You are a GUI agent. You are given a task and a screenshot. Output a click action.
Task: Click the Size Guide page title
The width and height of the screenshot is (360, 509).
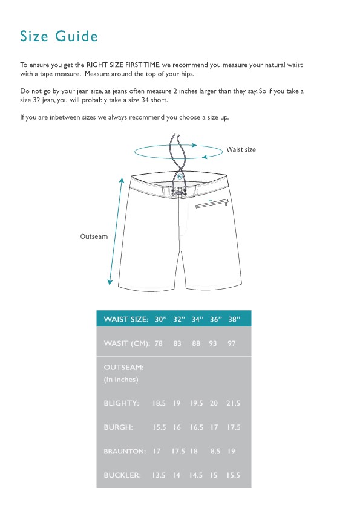click(x=59, y=36)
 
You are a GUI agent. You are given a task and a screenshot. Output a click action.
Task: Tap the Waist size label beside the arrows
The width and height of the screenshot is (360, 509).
click(x=241, y=149)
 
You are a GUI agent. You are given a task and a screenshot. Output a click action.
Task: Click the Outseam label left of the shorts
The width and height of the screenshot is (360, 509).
click(x=94, y=236)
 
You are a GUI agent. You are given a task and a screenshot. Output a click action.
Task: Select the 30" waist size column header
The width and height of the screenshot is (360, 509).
click(x=160, y=319)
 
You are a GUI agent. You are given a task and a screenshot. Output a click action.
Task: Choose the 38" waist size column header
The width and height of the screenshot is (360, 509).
click(x=234, y=319)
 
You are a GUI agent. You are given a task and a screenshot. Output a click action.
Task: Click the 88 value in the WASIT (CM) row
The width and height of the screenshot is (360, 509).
click(x=197, y=343)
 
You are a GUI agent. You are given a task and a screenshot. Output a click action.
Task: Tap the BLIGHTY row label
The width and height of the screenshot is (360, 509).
click(x=121, y=403)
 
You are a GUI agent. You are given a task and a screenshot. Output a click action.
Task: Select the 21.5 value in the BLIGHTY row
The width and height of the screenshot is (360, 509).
click(x=234, y=403)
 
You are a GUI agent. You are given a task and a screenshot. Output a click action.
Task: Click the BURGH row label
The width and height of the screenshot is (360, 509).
click(x=119, y=427)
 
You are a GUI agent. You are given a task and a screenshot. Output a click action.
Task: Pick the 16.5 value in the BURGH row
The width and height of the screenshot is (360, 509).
click(x=197, y=427)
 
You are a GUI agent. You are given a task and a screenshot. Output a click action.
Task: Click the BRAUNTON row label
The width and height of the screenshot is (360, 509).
click(x=125, y=451)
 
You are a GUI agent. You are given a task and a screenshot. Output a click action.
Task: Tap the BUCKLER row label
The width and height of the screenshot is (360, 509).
click(x=122, y=475)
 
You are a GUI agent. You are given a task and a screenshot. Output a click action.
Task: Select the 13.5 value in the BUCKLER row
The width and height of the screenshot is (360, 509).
click(x=159, y=475)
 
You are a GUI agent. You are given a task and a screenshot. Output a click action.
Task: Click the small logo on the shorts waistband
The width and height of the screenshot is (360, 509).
click(x=179, y=176)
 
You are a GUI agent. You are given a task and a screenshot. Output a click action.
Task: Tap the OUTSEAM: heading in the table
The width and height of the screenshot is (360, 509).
click(x=123, y=367)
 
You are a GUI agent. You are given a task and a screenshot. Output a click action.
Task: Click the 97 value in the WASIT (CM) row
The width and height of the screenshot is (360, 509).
click(x=231, y=343)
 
